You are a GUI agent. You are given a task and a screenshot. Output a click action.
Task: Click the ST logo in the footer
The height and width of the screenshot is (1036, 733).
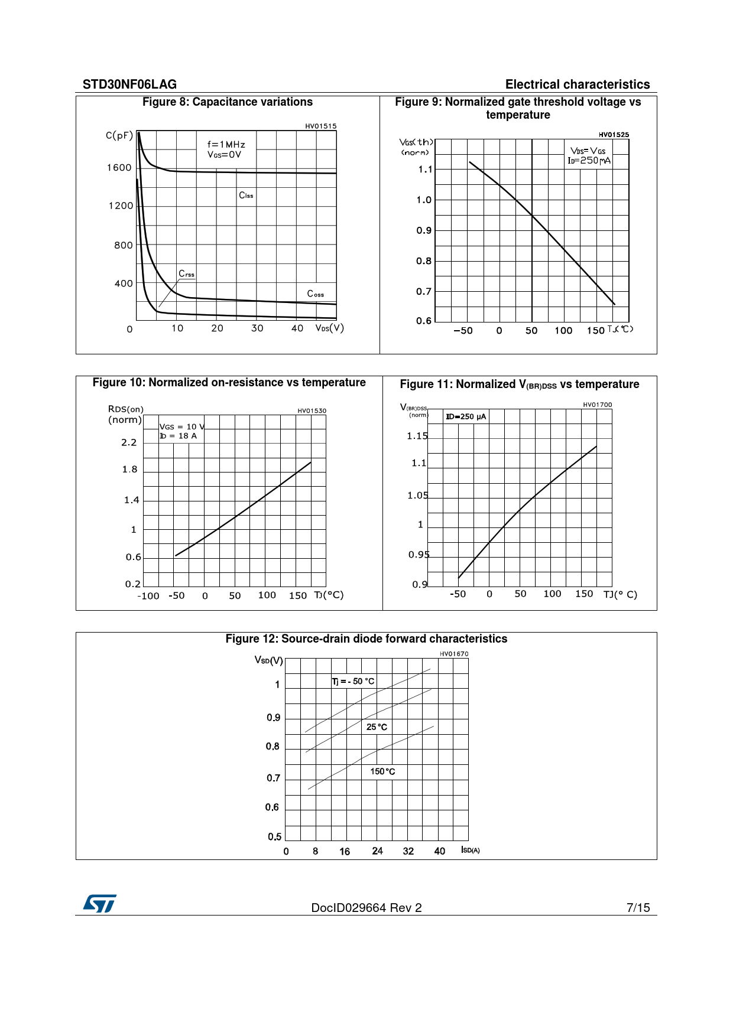[99, 904]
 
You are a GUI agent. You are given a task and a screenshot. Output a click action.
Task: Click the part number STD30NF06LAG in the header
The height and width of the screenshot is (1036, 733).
[129, 84]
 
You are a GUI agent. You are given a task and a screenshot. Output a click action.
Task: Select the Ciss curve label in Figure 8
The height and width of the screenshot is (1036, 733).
[246, 196]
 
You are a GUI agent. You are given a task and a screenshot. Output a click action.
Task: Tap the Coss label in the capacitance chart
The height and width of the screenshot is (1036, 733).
[315, 294]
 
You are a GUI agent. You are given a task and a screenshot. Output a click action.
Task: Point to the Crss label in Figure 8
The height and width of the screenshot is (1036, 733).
[186, 273]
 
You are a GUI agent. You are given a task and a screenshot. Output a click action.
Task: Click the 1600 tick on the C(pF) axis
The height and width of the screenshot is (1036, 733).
[119, 168]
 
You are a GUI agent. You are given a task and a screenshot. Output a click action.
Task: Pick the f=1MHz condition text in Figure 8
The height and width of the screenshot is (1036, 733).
[226, 144]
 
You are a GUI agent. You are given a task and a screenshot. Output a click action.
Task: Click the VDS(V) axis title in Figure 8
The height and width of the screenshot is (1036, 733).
[329, 328]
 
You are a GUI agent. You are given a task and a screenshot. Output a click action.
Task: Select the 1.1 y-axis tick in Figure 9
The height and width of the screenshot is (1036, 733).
[425, 170]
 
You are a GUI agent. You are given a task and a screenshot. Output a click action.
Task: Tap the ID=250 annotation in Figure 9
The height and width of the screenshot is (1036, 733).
[589, 161]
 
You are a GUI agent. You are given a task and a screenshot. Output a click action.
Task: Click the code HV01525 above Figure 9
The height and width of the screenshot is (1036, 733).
[614, 135]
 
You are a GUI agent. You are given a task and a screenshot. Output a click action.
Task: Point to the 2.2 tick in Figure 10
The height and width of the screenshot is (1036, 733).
[129, 442]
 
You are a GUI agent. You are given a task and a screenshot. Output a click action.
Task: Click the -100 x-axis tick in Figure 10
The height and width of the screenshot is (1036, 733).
[148, 596]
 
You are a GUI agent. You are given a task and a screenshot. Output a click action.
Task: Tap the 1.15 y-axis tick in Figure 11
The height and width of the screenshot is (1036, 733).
[417, 436]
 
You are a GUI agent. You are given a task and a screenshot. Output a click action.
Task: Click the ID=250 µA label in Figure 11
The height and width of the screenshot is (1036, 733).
[466, 416]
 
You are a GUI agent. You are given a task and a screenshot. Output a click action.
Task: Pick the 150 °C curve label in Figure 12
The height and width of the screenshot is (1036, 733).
[382, 771]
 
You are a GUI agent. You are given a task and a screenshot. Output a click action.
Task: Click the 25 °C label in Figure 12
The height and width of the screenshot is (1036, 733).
[377, 727]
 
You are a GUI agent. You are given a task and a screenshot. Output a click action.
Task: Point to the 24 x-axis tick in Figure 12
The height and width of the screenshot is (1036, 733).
[377, 851]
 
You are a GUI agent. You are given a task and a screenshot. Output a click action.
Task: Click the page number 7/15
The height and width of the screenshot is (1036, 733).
[638, 908]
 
